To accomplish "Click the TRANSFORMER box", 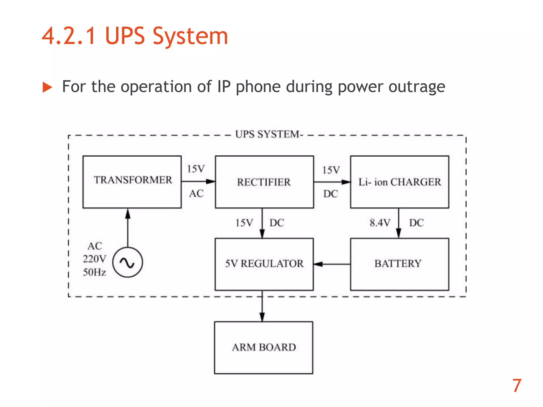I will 132,182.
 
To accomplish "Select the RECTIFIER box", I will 264,182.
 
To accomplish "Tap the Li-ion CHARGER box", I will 400,182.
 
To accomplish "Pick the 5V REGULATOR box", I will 264,264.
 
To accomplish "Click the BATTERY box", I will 400,264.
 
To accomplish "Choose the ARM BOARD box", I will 264,348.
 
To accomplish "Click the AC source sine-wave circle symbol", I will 128,262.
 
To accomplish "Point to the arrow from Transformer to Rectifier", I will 198,182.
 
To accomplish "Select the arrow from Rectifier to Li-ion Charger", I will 332,182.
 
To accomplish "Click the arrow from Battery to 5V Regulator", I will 332,264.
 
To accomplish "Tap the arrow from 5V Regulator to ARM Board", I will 262,306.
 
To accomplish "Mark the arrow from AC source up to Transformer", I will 128,228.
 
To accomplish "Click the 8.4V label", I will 380,223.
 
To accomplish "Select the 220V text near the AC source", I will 94,259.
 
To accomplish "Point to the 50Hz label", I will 94,272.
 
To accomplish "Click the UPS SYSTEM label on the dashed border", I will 267,134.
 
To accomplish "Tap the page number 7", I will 517,386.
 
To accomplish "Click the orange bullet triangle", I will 47,87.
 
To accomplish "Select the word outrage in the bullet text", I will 417,87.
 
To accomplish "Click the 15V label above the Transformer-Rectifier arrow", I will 196,169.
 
